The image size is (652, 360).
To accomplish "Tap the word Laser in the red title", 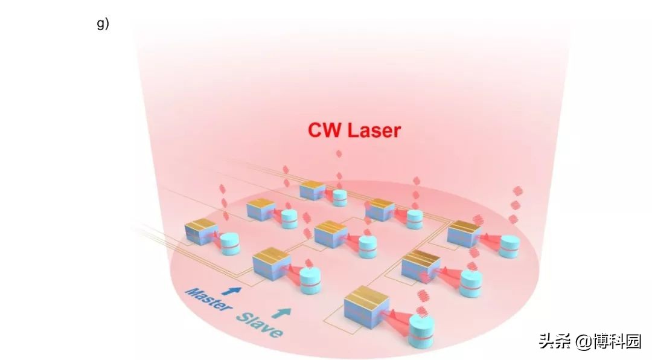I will point(372,130).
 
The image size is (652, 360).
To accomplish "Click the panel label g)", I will point(103,25).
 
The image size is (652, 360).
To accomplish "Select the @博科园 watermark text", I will point(607,341).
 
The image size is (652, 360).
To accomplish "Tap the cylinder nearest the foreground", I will point(421,332).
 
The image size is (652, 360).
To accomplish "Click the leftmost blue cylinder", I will point(229,243).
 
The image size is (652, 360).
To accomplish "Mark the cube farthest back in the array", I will point(313,190).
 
